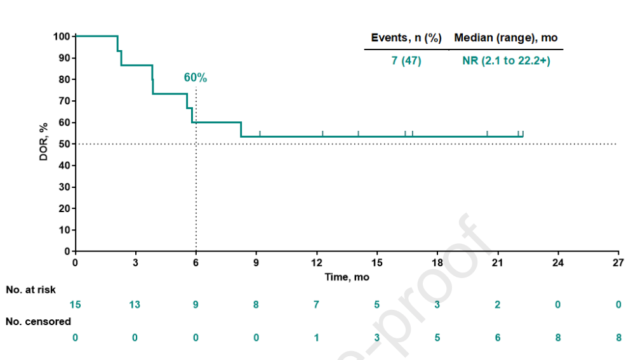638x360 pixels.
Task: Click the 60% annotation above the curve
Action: (x=196, y=77)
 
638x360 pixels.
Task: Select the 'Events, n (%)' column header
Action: (x=406, y=38)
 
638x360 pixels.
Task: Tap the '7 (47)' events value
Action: (x=406, y=61)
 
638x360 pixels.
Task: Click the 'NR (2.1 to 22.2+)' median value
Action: (x=505, y=61)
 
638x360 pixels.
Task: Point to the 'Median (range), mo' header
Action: (x=506, y=38)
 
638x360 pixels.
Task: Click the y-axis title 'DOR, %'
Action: (x=44, y=143)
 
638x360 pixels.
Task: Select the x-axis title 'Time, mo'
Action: (x=347, y=277)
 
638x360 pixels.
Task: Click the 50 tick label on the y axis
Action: (x=64, y=144)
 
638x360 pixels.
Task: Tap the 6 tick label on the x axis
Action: (x=196, y=263)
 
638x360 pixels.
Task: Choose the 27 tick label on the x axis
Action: (x=618, y=263)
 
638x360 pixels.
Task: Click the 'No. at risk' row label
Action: (x=30, y=290)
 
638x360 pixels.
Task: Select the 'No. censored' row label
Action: (x=38, y=322)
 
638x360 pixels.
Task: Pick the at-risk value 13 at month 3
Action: (x=135, y=305)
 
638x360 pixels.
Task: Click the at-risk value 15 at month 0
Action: (x=75, y=305)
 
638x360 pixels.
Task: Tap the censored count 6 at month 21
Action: (x=498, y=337)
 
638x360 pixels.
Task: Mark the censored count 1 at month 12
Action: (x=317, y=337)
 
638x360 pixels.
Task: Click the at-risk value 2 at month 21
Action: (x=498, y=305)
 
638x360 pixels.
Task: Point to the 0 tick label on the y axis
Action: (x=67, y=251)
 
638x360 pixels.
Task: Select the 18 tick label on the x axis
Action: (x=437, y=263)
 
